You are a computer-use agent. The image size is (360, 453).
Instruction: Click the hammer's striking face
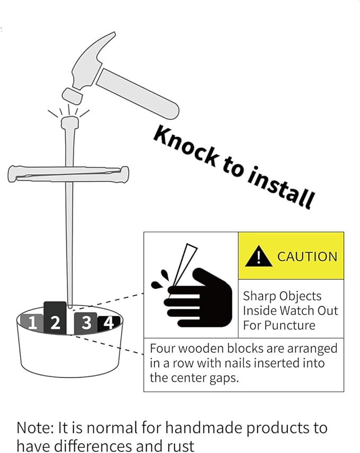72,96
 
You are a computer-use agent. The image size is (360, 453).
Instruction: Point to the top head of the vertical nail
69,122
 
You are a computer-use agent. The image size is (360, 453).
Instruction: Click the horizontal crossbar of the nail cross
68,174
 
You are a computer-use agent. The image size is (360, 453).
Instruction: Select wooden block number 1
32,322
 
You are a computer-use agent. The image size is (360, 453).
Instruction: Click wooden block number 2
55,318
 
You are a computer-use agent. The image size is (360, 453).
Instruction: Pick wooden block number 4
109,323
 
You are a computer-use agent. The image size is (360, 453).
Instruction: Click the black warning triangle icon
258,256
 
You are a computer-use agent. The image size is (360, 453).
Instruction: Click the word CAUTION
307,256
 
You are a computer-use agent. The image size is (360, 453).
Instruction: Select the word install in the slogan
280,187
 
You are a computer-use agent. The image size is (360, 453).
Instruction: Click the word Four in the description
162,348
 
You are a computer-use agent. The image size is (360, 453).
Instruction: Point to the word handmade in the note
203,428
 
